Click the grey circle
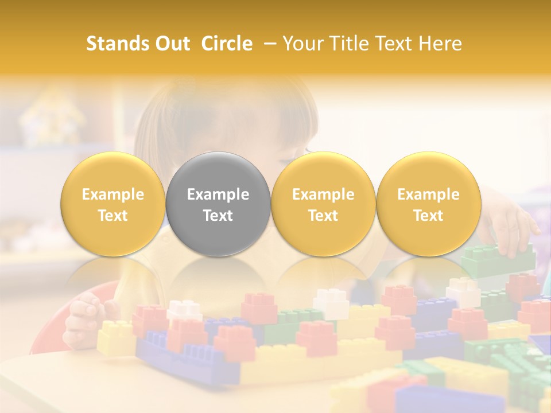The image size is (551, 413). click(218, 204)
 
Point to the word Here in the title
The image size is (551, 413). click(440, 44)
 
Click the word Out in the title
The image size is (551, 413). click(172, 44)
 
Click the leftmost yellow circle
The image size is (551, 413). click(112, 204)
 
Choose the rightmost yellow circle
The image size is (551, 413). click(428, 204)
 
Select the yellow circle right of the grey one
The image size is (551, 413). click(323, 204)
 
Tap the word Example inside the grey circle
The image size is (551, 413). click(218, 194)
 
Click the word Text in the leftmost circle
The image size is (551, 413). click(112, 216)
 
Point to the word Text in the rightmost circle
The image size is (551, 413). click(428, 216)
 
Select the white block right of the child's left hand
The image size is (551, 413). click(184, 310)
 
